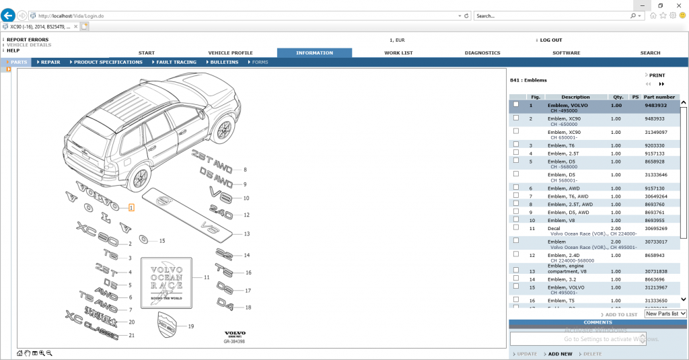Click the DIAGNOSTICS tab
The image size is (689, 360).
tap(482, 52)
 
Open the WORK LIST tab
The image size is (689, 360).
tap(398, 52)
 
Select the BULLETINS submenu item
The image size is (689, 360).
tap(224, 62)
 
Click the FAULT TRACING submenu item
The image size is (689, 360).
tap(176, 62)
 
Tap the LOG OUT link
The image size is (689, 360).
tap(550, 40)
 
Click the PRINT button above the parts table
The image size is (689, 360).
tap(657, 75)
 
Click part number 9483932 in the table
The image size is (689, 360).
tap(655, 105)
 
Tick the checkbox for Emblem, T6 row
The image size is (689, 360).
tap(516, 145)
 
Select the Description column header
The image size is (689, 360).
tap(575, 97)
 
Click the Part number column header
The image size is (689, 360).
tap(659, 97)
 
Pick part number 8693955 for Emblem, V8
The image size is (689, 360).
tap(655, 220)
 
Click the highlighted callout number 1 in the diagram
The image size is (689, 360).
tap(131, 208)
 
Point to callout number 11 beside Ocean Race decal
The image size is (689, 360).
tap(207, 277)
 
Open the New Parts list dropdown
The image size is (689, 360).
tap(665, 314)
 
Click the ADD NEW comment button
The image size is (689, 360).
tap(560, 354)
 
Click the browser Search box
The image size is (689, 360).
tap(552, 15)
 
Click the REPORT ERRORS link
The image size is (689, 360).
tap(28, 40)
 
